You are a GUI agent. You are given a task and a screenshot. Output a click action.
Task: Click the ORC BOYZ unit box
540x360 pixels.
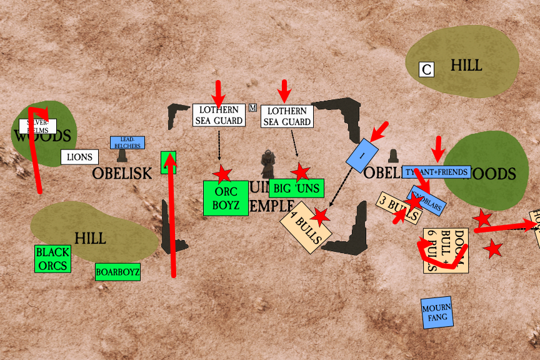coord(226,198)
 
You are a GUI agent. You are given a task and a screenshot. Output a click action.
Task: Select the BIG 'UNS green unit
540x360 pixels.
coord(296,187)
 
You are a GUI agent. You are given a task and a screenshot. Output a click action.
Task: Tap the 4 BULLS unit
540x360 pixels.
coord(306,227)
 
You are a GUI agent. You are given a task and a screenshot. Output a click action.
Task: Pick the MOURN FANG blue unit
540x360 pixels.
coord(436,312)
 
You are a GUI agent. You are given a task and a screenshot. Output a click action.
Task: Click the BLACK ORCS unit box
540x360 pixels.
coord(52,259)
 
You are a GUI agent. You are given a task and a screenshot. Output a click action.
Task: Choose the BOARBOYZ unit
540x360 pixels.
coord(117,272)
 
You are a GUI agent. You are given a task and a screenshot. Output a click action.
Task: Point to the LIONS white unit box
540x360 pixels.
coord(79,157)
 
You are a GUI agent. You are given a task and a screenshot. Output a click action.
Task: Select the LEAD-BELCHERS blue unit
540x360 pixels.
coord(127,143)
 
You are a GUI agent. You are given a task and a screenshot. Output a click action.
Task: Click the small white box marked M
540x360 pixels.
coord(252,107)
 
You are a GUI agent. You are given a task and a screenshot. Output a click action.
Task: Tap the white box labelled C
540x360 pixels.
coord(426,69)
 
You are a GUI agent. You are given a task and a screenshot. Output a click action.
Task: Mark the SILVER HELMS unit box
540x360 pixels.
coord(38,126)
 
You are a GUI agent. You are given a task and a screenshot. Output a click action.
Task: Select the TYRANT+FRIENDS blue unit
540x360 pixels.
coord(436,171)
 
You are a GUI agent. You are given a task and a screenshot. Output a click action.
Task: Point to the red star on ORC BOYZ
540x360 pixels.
coord(222,174)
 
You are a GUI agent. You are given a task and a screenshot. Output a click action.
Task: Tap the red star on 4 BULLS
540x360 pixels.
coord(321,217)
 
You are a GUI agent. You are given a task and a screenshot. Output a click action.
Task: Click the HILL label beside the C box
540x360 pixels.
coord(467,66)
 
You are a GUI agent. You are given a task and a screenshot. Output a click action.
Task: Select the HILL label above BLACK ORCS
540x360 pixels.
coord(90,238)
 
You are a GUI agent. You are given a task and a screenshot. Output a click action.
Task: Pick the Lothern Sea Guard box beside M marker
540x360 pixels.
coord(218,115)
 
